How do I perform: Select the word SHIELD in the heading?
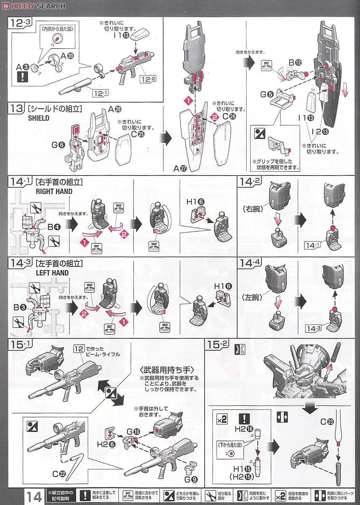[38, 118]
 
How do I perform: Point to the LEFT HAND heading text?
[52, 273]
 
